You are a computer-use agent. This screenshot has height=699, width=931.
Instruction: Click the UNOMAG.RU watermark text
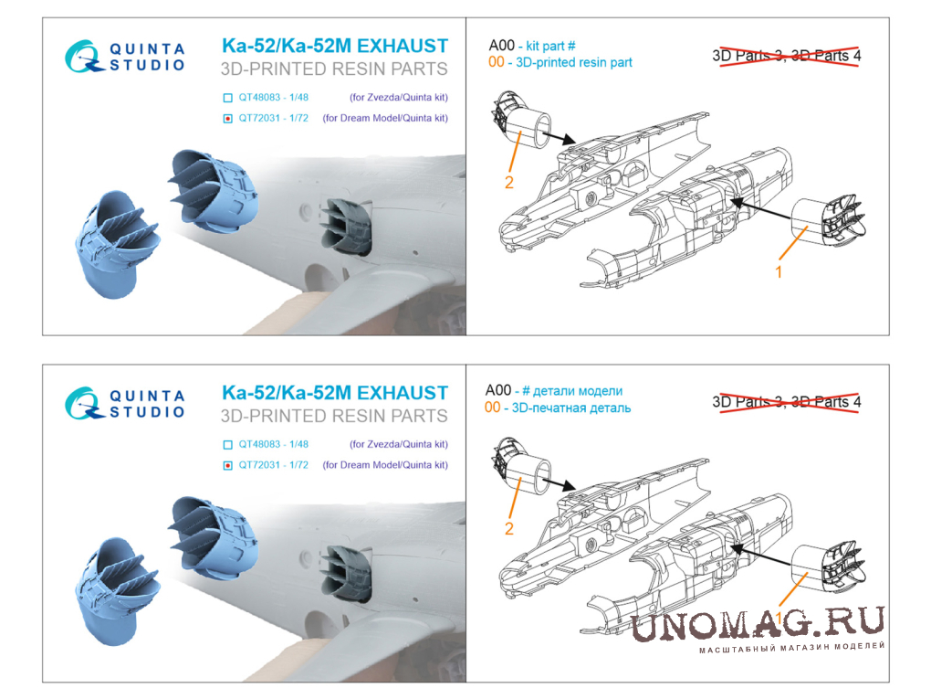click(758, 624)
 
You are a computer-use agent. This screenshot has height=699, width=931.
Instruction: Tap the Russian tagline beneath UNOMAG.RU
click(791, 647)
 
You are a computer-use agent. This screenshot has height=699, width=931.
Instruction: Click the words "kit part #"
click(550, 46)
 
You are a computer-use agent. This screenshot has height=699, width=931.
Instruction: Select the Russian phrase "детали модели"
click(578, 391)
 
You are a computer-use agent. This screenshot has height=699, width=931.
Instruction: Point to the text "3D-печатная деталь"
click(571, 408)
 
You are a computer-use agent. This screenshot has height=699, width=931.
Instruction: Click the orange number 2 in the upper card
click(508, 183)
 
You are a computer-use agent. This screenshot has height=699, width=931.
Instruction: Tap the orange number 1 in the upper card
click(779, 272)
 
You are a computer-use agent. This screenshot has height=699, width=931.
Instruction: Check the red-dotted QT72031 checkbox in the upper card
click(227, 118)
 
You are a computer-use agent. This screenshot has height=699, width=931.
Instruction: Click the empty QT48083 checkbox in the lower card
click(227, 445)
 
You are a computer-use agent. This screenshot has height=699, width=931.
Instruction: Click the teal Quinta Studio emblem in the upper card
click(83, 57)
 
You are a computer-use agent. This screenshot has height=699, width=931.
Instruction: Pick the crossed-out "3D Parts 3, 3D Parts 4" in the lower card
click(787, 402)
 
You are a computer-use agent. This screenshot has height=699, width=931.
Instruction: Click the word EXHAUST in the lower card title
click(402, 393)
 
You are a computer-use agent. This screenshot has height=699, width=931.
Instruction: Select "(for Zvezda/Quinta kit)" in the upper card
click(398, 98)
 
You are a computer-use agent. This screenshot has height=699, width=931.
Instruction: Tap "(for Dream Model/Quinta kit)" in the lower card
click(385, 465)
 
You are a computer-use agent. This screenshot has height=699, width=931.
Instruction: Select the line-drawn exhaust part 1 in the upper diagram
click(829, 221)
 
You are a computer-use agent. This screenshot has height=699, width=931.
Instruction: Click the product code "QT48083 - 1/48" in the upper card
click(273, 98)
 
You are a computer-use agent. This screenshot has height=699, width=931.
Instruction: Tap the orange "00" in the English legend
click(497, 62)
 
